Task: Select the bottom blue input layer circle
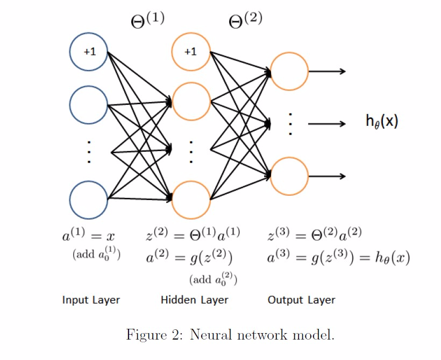tap(89, 200)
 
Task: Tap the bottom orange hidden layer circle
tap(191, 200)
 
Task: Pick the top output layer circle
tap(289, 72)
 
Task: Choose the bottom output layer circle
tap(289, 177)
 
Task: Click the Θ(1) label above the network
tap(148, 20)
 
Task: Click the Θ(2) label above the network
tap(246, 20)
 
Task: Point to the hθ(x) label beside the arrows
tap(382, 122)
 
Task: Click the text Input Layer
tap(91, 300)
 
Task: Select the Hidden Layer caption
tap(194, 300)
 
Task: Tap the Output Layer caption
tap(301, 300)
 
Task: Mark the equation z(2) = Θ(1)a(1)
tap(193, 235)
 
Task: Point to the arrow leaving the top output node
tap(327, 72)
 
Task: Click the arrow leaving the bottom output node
tap(327, 177)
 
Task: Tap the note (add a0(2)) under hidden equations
tap(214, 279)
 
